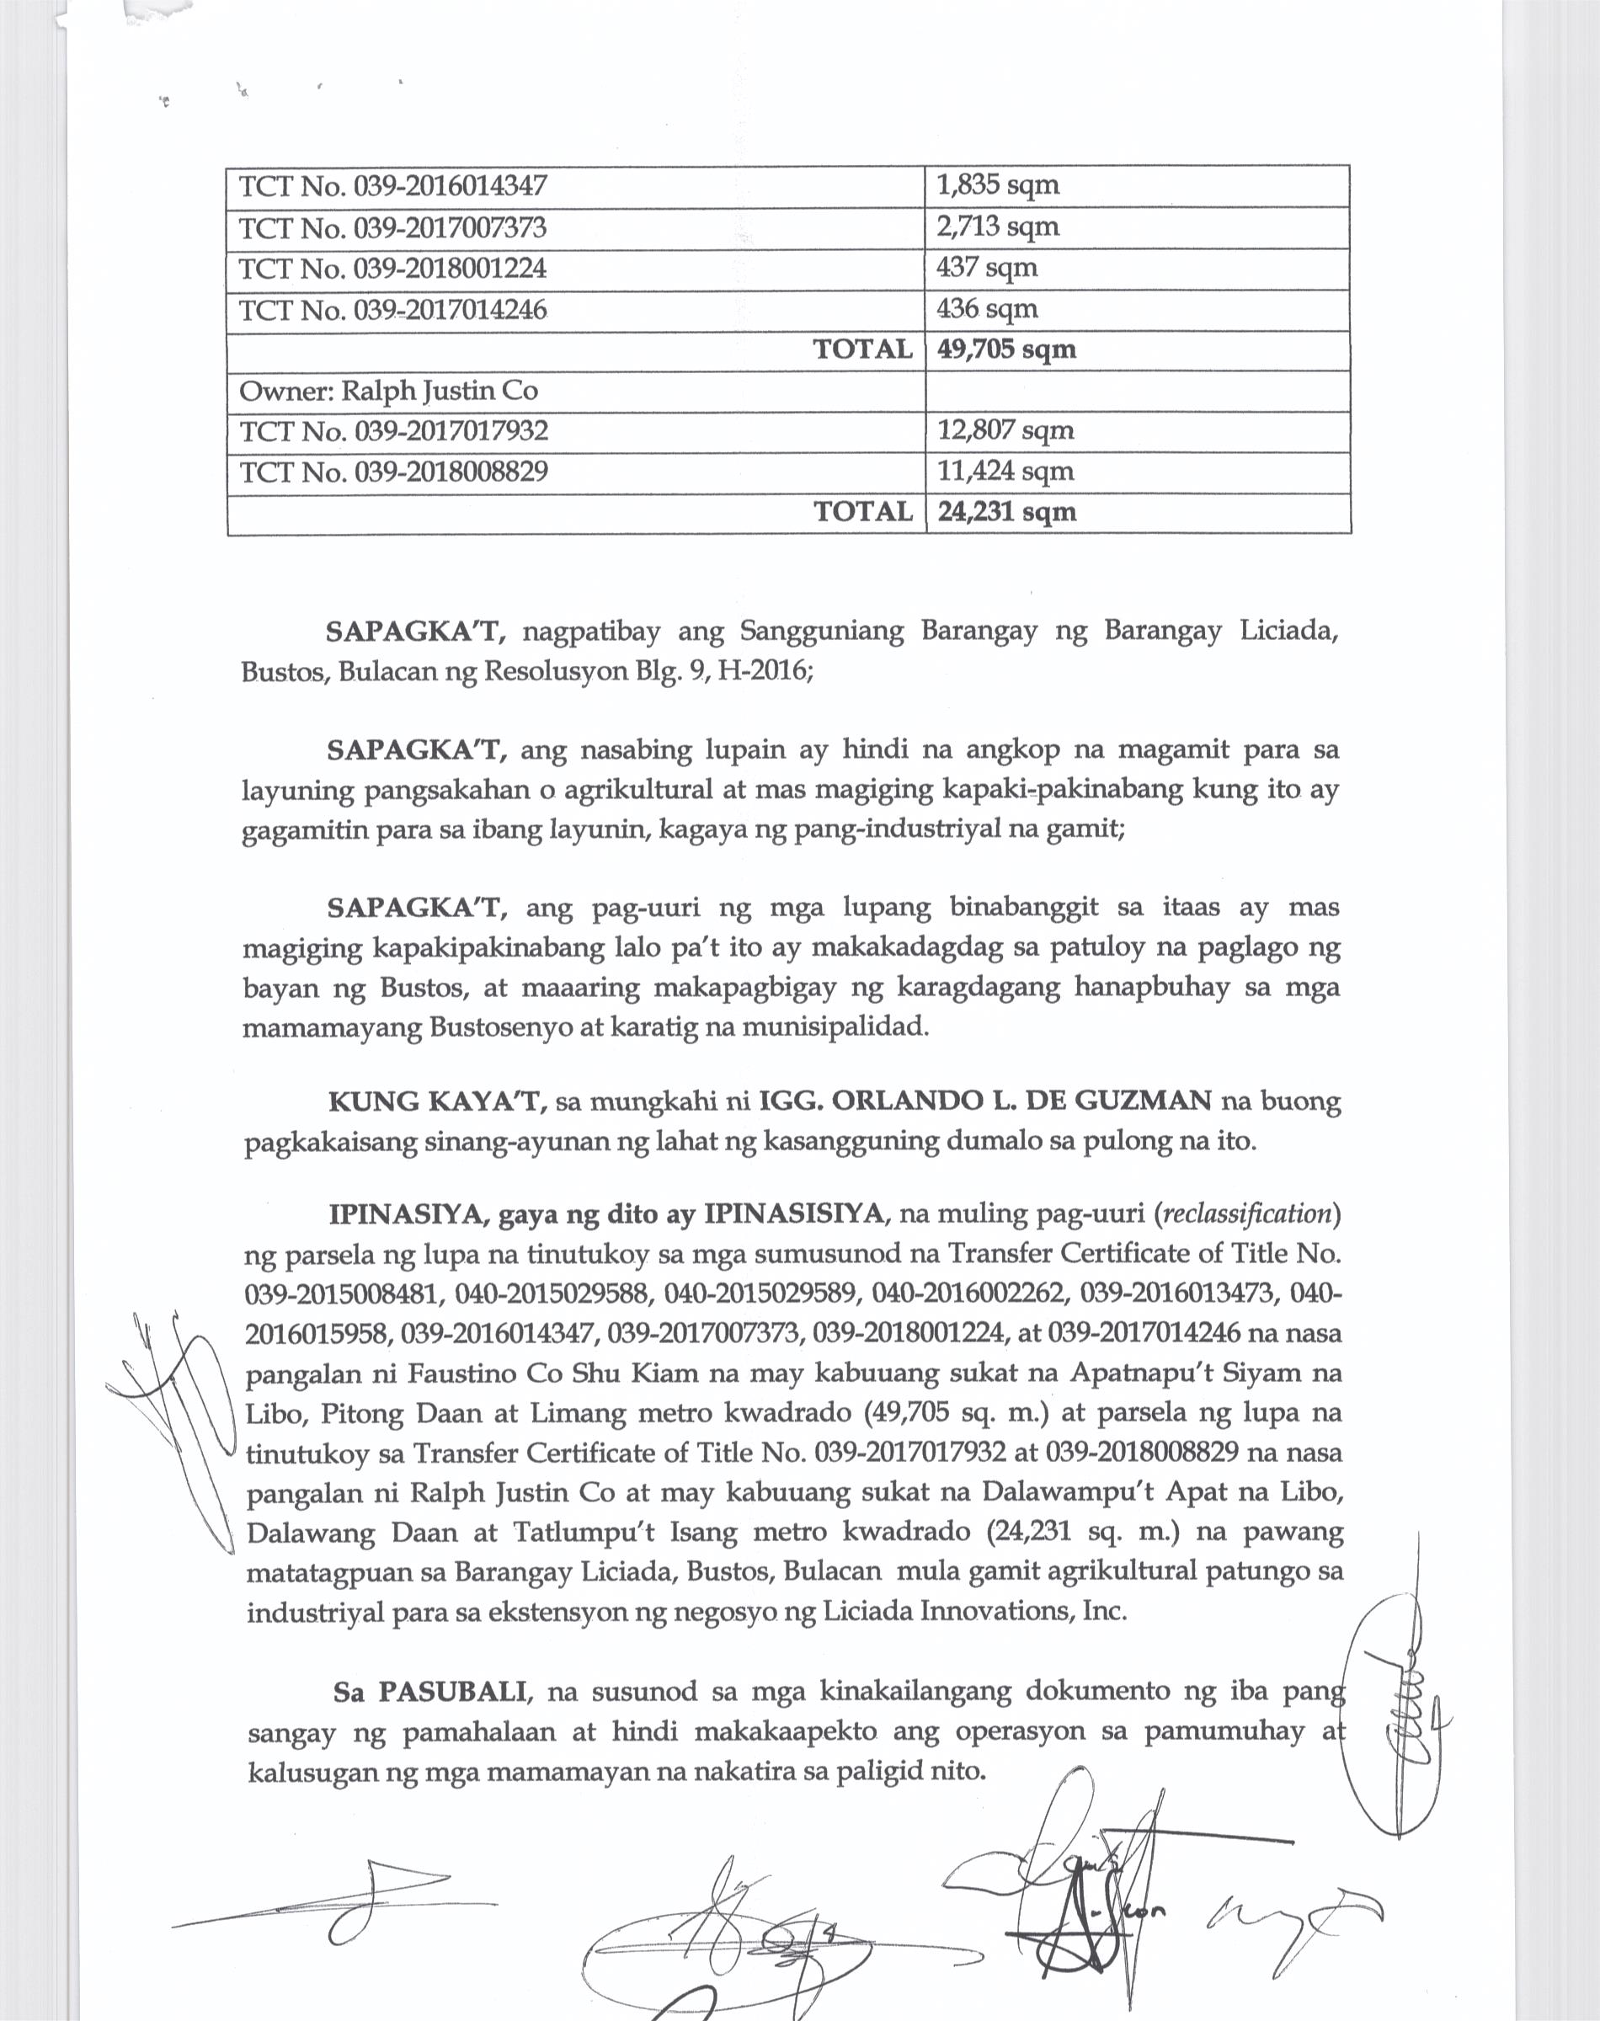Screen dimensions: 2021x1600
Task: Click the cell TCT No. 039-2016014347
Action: click(x=392, y=186)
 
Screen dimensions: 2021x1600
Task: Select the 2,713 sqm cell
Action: click(x=998, y=227)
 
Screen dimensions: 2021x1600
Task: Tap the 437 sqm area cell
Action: click(x=986, y=269)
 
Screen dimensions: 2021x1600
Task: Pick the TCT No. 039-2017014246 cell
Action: click(x=392, y=310)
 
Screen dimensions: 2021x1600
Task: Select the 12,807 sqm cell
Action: click(x=1005, y=431)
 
